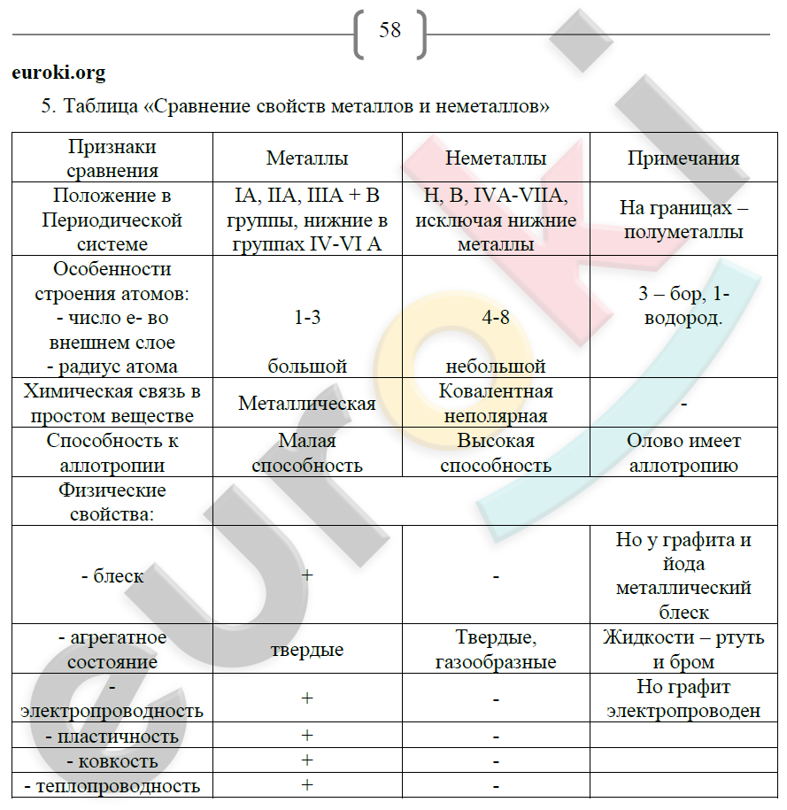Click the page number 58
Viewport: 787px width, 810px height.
(390, 30)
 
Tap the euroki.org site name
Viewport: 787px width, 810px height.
(58, 73)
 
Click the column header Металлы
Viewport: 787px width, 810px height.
(307, 158)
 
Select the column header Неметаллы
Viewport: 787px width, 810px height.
(496, 158)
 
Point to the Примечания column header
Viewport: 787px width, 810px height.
(683, 158)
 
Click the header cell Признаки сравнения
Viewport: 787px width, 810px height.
(112, 158)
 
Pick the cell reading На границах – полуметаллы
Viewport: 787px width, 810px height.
(683, 220)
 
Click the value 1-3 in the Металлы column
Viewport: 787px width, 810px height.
(307, 318)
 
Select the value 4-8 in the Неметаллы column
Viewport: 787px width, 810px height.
(496, 318)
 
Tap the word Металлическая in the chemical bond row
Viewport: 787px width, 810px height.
(307, 404)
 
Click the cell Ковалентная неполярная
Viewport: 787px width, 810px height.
(496, 404)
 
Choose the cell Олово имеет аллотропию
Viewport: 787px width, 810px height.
(683, 453)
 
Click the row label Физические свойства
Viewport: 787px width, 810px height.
(112, 502)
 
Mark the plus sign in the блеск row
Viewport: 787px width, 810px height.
(307, 575)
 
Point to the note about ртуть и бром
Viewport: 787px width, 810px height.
(683, 650)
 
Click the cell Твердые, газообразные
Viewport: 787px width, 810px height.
(496, 650)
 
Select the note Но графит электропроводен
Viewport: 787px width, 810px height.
(683, 698)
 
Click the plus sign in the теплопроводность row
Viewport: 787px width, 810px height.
(307, 785)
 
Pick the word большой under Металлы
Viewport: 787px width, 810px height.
(307, 366)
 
